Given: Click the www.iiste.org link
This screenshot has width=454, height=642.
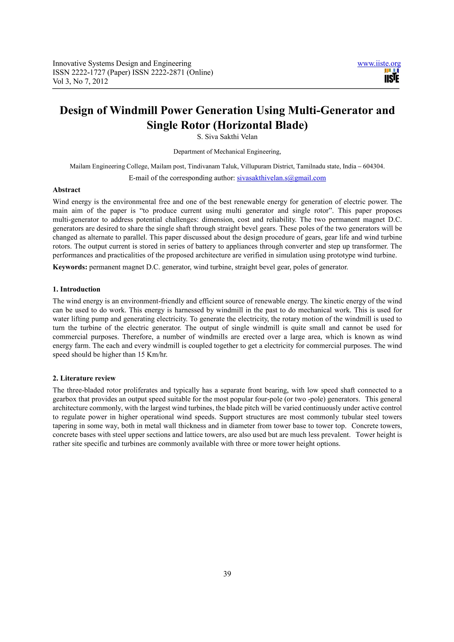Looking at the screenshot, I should (x=379, y=64).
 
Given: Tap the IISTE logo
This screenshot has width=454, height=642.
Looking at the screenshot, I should (x=392, y=76).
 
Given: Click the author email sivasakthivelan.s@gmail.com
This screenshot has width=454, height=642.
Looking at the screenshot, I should (x=281, y=178).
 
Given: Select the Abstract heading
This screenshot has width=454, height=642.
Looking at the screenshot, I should (x=66, y=190).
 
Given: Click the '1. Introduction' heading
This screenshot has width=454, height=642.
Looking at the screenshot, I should (x=76, y=289).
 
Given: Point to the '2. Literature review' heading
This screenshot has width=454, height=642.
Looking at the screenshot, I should (x=84, y=378).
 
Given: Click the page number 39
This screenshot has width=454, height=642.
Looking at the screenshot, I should (x=227, y=574).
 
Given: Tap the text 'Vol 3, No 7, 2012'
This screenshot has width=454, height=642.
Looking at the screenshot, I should (x=80, y=81).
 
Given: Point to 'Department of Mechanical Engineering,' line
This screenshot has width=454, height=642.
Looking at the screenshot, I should (x=227, y=152).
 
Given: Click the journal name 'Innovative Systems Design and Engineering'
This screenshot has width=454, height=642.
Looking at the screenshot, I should (x=122, y=64).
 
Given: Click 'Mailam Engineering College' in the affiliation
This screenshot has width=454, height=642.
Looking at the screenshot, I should (x=109, y=166).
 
